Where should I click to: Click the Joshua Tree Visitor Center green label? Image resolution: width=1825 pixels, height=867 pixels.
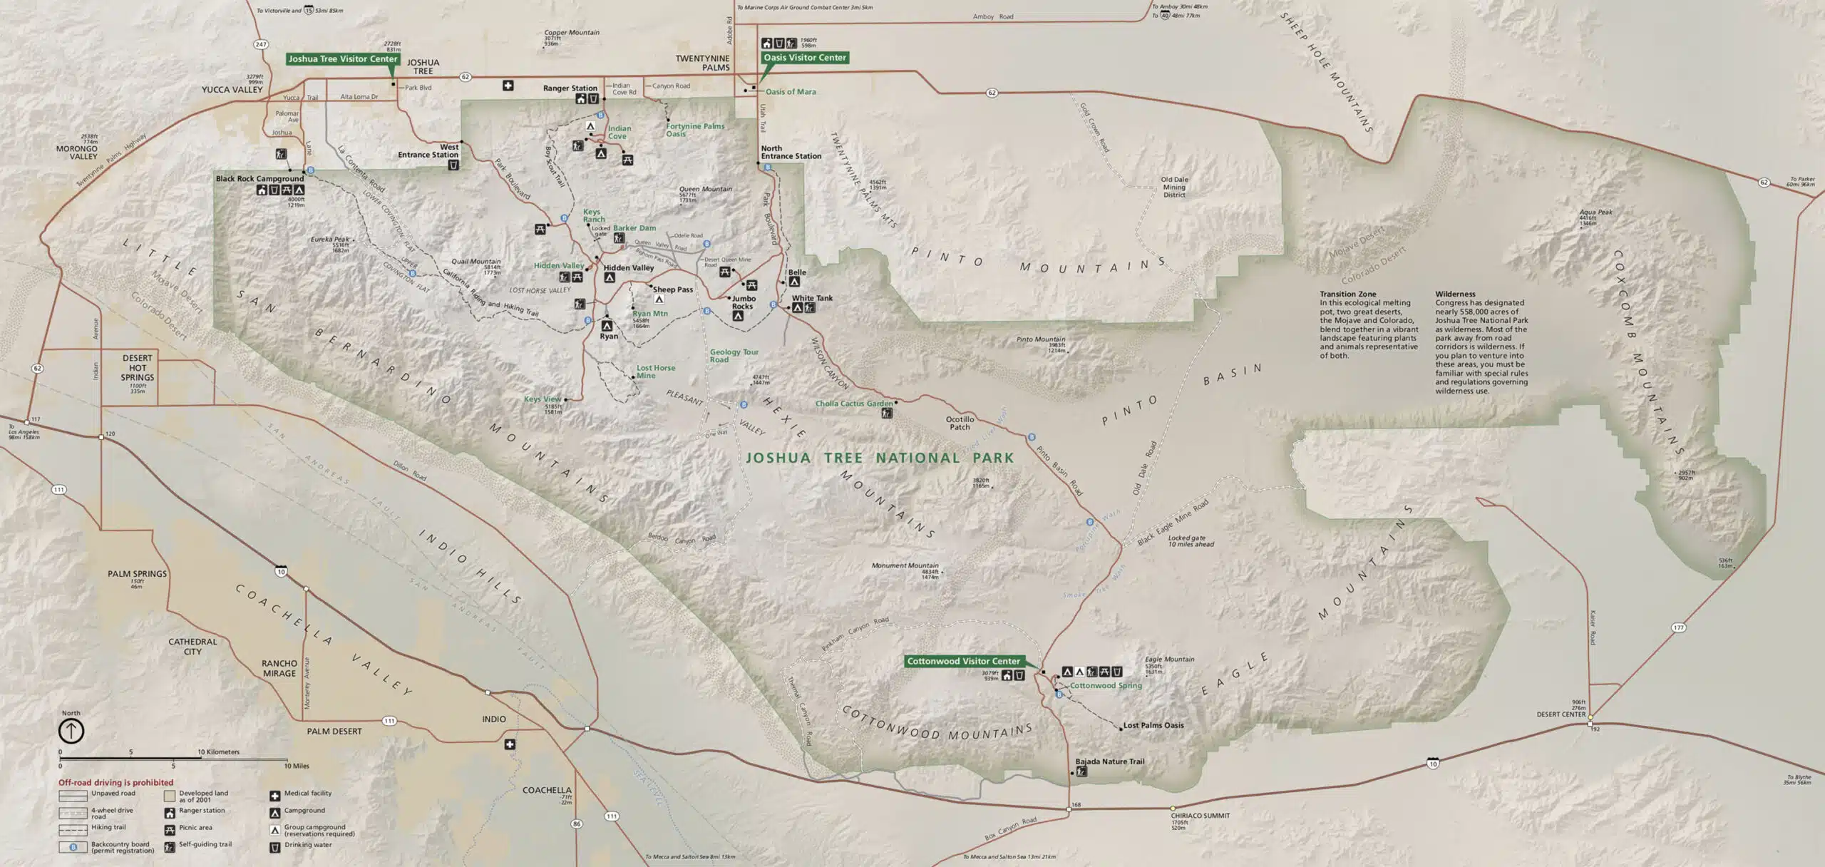click(342, 59)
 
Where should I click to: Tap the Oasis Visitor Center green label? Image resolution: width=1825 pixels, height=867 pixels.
click(804, 58)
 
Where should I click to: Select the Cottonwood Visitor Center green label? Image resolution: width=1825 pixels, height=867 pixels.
click(963, 662)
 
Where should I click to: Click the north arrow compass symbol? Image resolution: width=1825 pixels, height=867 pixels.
click(71, 730)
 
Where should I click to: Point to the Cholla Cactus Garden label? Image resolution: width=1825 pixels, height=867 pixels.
click(853, 404)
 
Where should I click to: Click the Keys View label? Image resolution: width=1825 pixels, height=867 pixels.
click(543, 399)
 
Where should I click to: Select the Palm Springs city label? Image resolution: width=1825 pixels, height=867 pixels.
click(137, 574)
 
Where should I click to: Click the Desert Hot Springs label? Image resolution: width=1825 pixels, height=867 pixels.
click(137, 368)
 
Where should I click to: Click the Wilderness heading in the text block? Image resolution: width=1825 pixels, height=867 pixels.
click(1455, 294)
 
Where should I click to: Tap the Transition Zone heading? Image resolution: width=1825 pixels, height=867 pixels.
click(1347, 294)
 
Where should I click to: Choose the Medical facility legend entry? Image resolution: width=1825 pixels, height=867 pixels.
click(307, 794)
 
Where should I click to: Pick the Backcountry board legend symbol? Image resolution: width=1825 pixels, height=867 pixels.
click(73, 847)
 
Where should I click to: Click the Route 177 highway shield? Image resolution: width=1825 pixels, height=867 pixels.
click(1679, 628)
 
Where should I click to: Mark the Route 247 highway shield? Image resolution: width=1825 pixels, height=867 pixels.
click(261, 44)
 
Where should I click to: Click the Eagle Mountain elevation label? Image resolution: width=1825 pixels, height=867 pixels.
click(1169, 660)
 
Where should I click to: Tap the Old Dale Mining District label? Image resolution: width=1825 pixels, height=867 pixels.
click(1174, 188)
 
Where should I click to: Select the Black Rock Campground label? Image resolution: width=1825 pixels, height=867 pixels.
click(259, 179)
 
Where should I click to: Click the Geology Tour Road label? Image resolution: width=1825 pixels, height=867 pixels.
click(734, 356)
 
